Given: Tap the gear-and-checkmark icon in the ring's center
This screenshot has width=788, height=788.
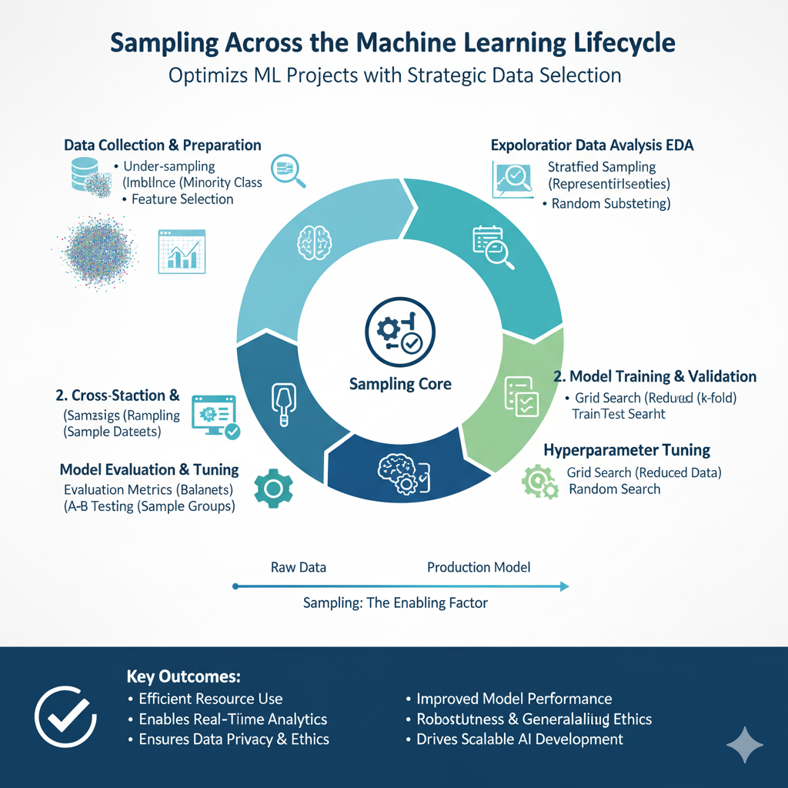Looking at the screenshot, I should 393,332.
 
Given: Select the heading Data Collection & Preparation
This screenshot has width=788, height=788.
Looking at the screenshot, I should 162,145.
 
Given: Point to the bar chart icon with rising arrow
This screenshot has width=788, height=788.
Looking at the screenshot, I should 181,252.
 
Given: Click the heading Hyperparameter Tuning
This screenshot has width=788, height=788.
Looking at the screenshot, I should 626,449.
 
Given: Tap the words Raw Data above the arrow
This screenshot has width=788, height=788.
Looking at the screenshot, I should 299,567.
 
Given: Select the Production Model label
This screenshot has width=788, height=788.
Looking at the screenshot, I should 479,567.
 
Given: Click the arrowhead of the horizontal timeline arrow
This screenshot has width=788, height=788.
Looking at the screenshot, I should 564,586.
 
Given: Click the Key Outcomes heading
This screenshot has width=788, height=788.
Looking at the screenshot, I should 183,677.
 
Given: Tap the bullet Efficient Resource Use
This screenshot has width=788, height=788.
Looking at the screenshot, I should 210,699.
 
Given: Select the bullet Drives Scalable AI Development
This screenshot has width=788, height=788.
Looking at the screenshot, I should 519,739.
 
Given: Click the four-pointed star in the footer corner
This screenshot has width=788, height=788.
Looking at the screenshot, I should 745,744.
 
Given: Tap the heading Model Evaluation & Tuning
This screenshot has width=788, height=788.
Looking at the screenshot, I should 149,469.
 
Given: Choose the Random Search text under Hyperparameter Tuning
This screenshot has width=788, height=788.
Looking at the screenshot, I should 614,489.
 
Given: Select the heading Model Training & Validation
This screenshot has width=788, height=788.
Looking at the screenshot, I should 655,376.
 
